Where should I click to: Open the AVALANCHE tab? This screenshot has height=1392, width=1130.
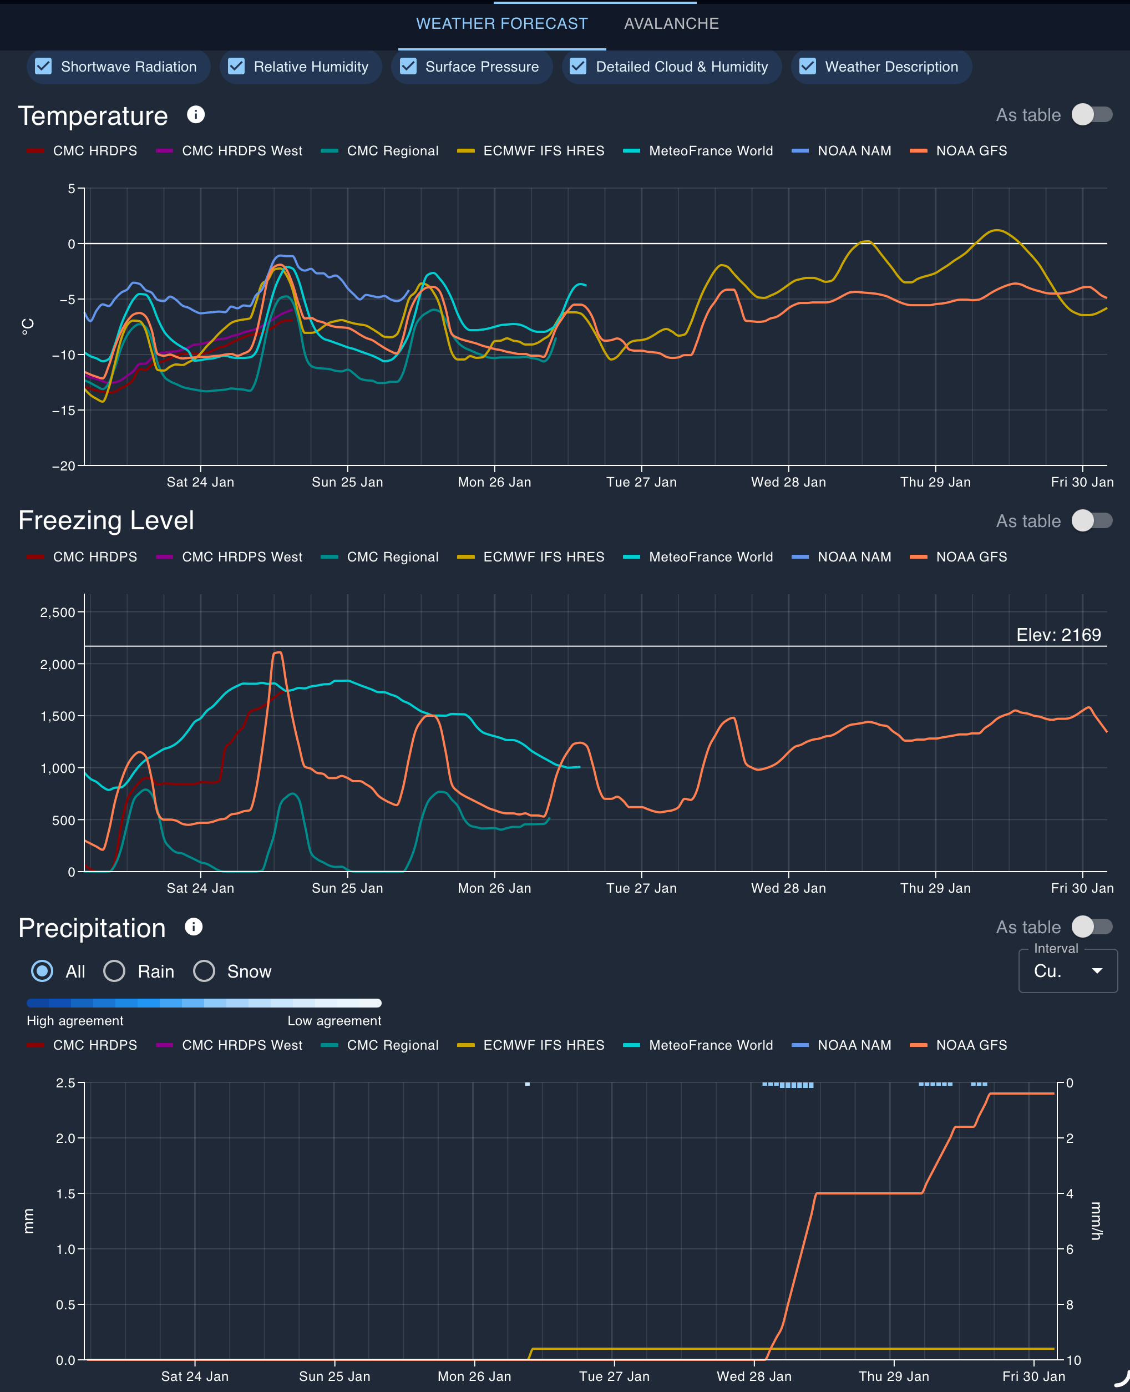click(x=671, y=23)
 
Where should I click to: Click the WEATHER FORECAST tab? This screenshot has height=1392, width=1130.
click(x=501, y=23)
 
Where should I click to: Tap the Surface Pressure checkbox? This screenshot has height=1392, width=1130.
click(x=408, y=67)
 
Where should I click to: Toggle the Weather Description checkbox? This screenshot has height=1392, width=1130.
click(x=807, y=67)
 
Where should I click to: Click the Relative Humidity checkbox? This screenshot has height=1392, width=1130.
click(x=236, y=67)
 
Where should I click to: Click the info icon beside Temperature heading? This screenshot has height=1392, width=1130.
click(x=195, y=115)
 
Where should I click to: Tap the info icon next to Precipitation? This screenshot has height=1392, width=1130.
click(x=193, y=927)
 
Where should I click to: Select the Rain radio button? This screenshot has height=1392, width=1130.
click(x=115, y=971)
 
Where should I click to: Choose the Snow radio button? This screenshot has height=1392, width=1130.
click(x=204, y=971)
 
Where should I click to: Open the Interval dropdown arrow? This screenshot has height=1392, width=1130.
click(x=1097, y=971)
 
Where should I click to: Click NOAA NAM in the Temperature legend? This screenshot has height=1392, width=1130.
click(x=853, y=151)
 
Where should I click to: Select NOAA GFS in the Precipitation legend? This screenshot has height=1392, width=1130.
click(x=971, y=1045)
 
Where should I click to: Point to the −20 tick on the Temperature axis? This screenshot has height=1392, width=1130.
click(x=64, y=465)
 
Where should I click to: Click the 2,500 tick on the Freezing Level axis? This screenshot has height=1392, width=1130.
click(x=58, y=612)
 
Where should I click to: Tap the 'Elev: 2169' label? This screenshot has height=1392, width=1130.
click(x=1058, y=635)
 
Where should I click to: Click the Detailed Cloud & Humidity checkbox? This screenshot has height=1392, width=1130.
click(x=577, y=67)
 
